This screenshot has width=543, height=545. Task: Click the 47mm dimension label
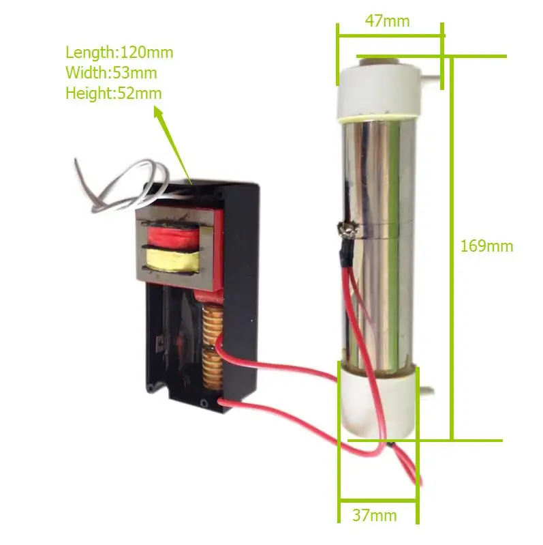click(x=387, y=20)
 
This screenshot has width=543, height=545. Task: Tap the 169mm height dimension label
click(x=486, y=246)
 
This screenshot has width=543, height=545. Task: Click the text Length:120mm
click(x=119, y=52)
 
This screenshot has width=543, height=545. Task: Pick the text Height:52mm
click(x=114, y=93)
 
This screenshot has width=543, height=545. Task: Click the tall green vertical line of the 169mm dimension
click(x=451, y=246)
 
